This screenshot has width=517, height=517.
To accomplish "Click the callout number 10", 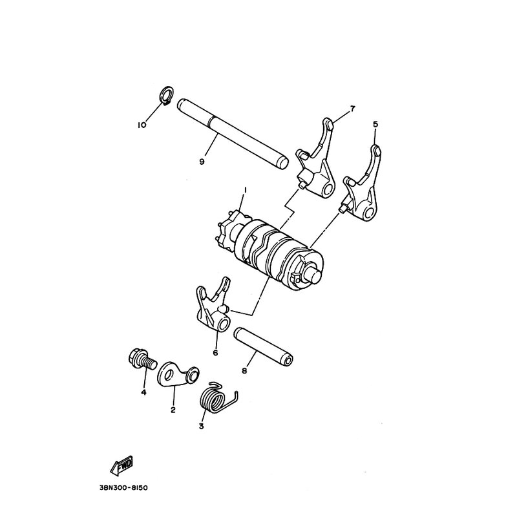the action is click(142, 125).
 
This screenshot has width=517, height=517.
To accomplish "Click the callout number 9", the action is click(202, 162).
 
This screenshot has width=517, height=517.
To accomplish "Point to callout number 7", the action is click(352, 109).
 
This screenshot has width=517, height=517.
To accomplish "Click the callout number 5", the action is click(375, 124).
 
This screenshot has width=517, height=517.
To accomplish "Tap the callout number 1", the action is click(245, 191).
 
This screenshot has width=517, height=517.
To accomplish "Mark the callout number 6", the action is click(215, 353).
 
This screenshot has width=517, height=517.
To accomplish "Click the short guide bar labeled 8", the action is click(264, 347).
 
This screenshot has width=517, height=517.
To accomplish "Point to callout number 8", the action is click(244, 371).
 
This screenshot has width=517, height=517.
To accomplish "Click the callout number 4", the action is click(143, 392).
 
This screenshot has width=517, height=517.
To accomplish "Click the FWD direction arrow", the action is click(122, 466).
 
